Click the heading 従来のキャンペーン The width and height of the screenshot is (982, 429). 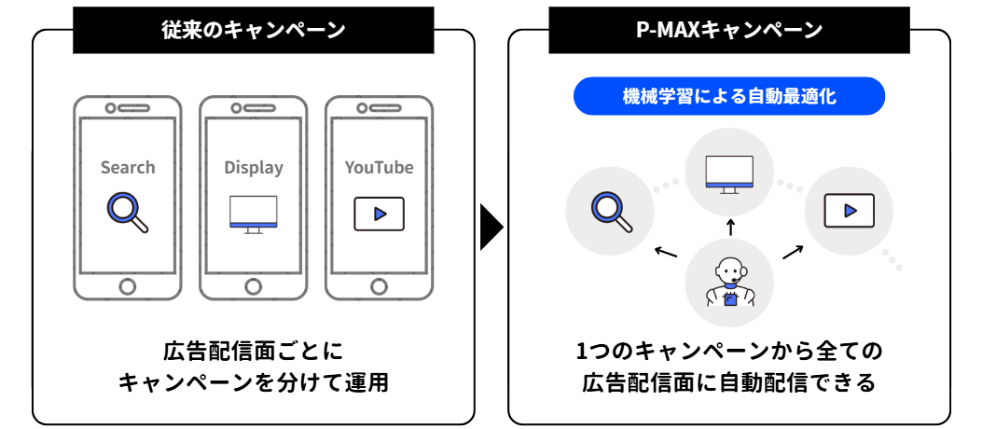[253, 31]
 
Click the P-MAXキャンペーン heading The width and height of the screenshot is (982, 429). [728, 31]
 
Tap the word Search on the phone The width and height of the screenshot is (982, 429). [128, 168]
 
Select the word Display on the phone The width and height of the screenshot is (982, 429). [253, 168]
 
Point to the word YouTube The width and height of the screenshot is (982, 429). [379, 168]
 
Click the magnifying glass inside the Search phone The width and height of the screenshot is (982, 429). [128, 212]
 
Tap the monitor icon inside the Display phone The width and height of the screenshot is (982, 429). [253, 214]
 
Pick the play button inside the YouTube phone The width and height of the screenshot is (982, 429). [379, 214]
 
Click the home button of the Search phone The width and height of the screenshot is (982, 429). [128, 284]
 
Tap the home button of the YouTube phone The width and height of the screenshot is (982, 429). [379, 284]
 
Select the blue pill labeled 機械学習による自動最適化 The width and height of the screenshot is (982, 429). [728, 96]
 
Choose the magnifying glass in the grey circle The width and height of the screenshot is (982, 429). [612, 211]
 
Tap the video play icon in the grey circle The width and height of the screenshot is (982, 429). [849, 211]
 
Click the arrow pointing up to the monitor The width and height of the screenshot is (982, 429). [730, 227]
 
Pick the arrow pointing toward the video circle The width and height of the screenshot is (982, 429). [793, 251]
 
